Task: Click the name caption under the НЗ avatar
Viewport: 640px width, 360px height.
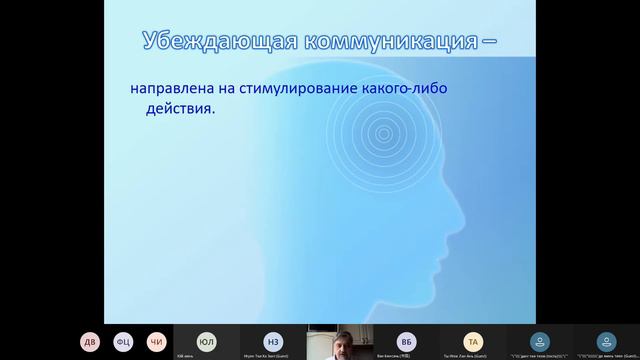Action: tap(272, 355)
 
